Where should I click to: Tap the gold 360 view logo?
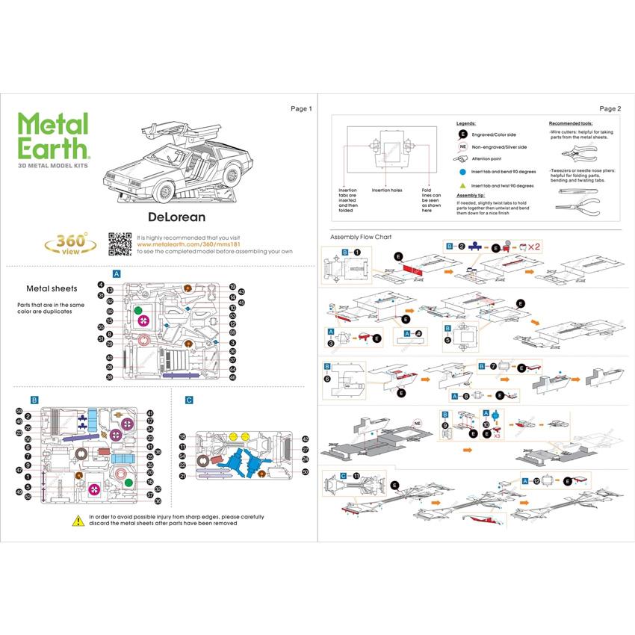point(70,244)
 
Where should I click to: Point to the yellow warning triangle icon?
point(78,520)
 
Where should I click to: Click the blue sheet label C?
point(189,400)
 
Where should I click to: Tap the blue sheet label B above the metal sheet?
point(34,400)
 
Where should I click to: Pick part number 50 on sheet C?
point(305,471)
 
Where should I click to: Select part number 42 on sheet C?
point(305,439)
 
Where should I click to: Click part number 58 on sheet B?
point(19,410)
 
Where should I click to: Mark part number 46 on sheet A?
point(232,378)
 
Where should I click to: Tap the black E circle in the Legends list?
point(463,134)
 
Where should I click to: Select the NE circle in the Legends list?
point(463,147)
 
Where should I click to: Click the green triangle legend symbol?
point(463,185)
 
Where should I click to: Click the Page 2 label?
point(610,109)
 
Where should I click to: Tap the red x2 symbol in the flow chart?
point(533,246)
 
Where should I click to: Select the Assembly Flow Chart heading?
point(361,237)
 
